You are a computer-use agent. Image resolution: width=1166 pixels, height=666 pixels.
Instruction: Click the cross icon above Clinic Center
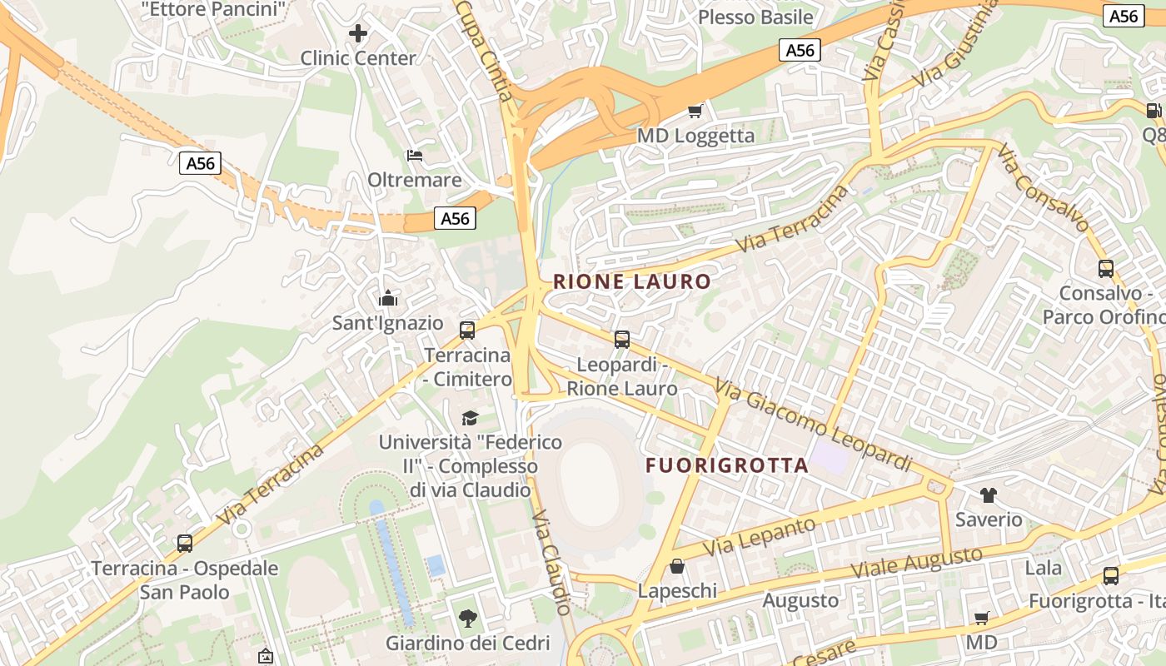[358, 33]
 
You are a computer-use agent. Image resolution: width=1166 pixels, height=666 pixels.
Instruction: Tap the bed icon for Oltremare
[414, 155]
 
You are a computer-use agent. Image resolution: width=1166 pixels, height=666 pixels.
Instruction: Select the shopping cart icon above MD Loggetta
[695, 111]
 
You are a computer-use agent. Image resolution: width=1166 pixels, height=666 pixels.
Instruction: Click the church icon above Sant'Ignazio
[388, 298]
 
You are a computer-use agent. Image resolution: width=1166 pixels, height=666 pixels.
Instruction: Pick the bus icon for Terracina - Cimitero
[467, 331]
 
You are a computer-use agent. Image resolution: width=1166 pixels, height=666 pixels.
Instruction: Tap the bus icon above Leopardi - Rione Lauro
[622, 340]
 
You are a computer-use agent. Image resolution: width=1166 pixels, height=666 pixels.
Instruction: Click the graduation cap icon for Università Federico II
[471, 417]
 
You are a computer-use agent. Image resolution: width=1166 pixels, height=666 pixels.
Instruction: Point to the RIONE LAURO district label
[632, 281]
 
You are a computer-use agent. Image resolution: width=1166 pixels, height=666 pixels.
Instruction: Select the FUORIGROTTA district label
[727, 465]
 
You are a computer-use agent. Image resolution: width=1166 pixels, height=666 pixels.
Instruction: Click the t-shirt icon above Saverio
[989, 495]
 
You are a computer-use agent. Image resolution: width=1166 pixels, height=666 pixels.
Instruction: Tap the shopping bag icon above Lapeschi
[678, 567]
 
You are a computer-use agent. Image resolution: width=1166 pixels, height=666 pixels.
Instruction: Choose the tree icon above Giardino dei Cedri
[467, 619]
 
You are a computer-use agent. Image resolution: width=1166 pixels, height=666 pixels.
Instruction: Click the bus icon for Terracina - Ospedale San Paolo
[185, 544]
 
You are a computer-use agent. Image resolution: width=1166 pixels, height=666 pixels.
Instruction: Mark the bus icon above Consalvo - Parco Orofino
[1105, 269]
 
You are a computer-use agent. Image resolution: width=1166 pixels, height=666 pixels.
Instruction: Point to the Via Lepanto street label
[760, 537]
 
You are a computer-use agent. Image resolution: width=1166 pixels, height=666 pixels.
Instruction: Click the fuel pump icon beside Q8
[1154, 111]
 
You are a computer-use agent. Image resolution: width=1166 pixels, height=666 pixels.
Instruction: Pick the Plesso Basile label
[755, 17]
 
